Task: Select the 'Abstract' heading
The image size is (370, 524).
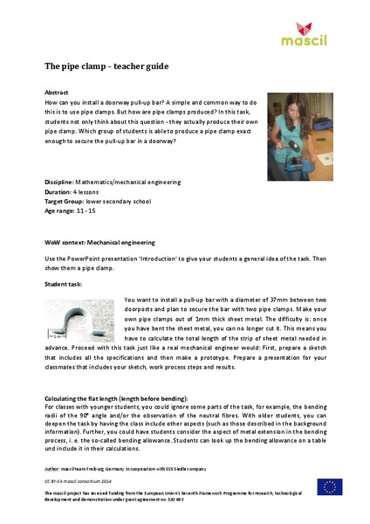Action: click(x=57, y=92)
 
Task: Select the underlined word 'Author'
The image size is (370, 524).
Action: click(x=54, y=468)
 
